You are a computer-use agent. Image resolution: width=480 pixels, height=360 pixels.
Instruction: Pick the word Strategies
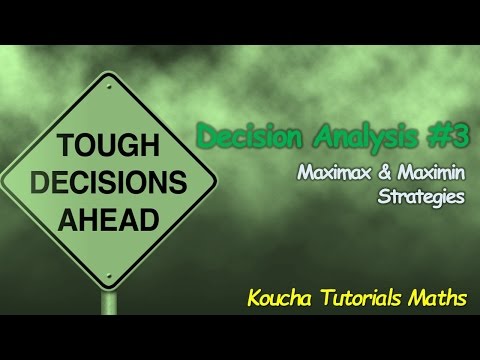point(422,196)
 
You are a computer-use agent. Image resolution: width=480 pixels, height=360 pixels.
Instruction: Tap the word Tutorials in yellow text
point(361,297)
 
